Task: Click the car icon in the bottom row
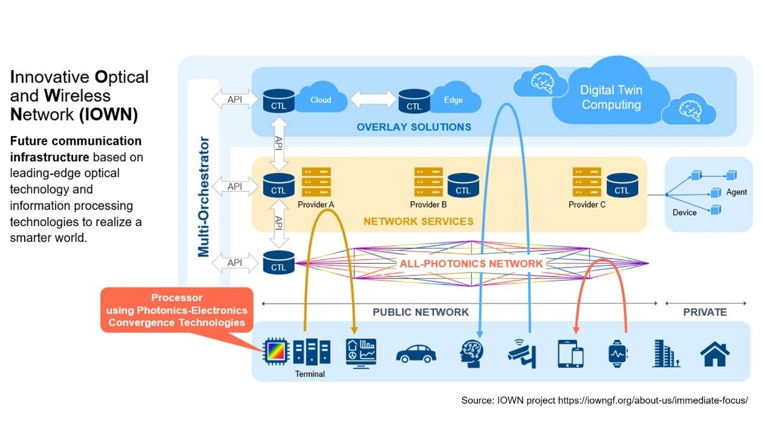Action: tap(416, 353)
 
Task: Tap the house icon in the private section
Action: tap(714, 354)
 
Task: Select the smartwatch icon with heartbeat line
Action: tap(618, 353)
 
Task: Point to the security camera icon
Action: tap(522, 353)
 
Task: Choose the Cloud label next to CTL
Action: tap(320, 100)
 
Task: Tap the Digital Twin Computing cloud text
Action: tap(611, 97)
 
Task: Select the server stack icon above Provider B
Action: tap(428, 182)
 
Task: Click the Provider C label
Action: tap(587, 205)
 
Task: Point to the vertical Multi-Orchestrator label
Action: tap(204, 197)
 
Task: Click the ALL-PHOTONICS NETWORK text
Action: tap(471, 264)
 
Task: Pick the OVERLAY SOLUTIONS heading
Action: tap(414, 127)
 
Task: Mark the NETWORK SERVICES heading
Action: tap(418, 221)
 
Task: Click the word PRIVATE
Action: tap(705, 312)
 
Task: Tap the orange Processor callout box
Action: tap(177, 310)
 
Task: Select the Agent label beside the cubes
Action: tap(736, 192)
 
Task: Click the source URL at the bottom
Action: tap(653, 400)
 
